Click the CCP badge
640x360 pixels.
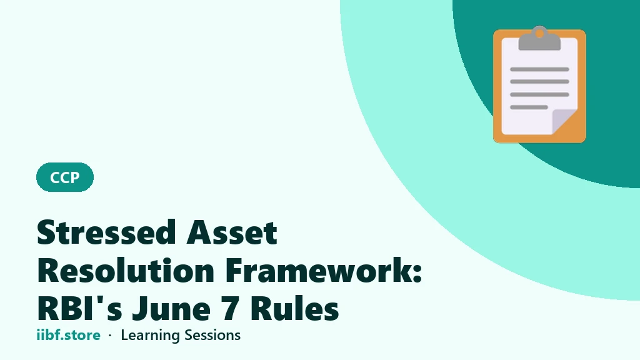coord(65,177)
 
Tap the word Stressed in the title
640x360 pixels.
coord(106,232)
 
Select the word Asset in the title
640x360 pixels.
coord(232,232)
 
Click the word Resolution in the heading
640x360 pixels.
coord(126,270)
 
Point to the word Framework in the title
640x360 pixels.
coord(319,270)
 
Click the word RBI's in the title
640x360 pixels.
coord(79,308)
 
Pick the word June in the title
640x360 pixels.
coord(171,308)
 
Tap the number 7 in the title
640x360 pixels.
coord(231,309)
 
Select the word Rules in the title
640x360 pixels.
coord(294,308)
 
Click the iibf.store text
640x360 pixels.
coord(69,335)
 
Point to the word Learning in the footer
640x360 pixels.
coord(151,336)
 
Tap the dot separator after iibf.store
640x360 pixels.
coord(110,336)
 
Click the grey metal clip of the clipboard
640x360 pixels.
coord(539,39)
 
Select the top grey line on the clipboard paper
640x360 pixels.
coord(539,69)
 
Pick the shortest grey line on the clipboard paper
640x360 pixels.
coord(529,107)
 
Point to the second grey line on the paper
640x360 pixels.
coord(539,82)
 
